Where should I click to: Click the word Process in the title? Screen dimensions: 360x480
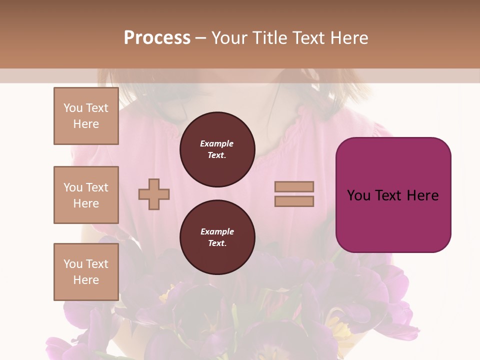pos(157,38)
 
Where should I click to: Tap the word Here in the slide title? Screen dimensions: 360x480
pos(349,38)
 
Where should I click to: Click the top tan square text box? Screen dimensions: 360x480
pos(86,116)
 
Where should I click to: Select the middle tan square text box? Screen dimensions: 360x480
pos(86,195)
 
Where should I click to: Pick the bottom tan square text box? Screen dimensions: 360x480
pos(86,272)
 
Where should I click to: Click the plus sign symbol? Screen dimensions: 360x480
pos(154,194)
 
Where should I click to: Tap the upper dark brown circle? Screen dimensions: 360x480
pos(217,149)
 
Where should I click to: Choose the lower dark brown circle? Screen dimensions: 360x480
pos(217,237)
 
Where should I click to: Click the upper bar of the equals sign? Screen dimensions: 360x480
pos(294,186)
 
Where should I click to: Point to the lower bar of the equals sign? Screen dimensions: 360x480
pos(294,201)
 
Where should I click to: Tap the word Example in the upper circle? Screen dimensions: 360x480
pos(217,143)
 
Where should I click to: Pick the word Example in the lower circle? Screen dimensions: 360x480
pos(217,231)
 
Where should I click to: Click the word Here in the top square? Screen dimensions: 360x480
pos(86,124)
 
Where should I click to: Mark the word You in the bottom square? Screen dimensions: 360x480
pos(73,263)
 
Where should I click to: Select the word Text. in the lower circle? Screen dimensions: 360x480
pos(217,243)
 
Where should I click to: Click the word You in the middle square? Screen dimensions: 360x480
pos(73,187)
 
